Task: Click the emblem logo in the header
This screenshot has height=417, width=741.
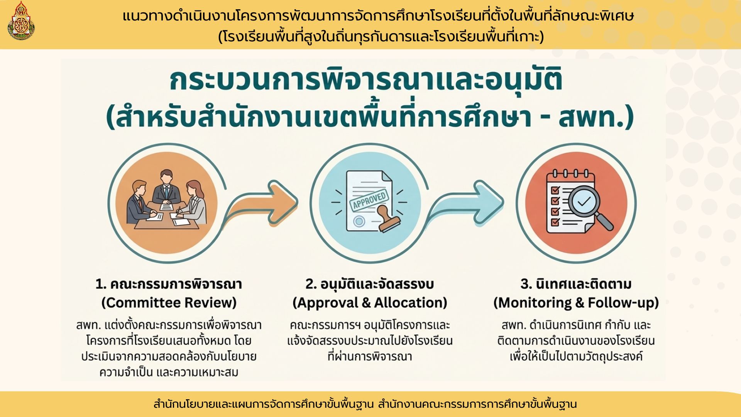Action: [21, 21]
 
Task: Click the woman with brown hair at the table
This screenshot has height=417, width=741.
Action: [193, 203]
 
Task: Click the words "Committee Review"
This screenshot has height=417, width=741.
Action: [169, 303]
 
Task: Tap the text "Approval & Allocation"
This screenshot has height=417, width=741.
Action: [370, 303]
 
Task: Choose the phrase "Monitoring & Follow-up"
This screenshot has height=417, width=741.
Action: [576, 303]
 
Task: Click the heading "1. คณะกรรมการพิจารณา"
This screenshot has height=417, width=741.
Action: [169, 284]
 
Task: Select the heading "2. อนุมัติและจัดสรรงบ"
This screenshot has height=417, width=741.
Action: [370, 284]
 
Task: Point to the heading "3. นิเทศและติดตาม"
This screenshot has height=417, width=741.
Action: [576, 284]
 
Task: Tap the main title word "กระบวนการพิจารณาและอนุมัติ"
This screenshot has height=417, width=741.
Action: [366, 81]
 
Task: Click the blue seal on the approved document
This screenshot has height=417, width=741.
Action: [359, 221]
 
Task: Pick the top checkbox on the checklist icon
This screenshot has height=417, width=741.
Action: [555, 190]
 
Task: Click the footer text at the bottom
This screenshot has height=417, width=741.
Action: [365, 404]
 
